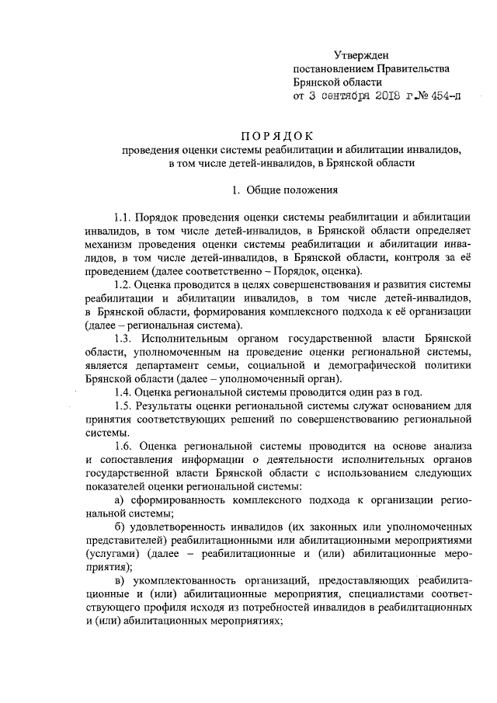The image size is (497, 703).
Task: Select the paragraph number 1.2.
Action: coord(124,285)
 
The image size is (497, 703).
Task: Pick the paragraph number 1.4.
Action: coord(124,393)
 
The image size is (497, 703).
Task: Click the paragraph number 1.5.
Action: coord(124,406)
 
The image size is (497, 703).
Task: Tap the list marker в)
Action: coord(120,582)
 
